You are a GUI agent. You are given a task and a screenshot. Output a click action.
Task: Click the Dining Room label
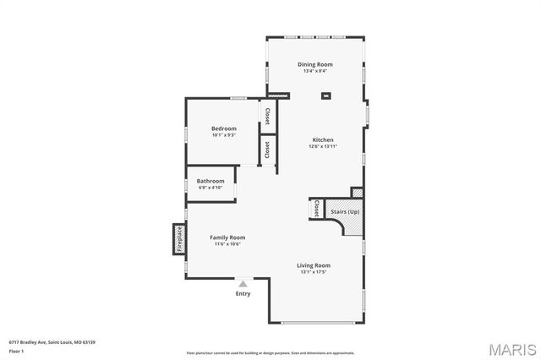click(314, 64)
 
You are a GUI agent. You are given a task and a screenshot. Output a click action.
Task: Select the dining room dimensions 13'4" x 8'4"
click(314, 71)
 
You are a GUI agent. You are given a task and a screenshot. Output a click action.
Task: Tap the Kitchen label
click(323, 139)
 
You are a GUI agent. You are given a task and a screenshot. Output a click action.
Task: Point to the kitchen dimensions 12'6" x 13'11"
click(323, 146)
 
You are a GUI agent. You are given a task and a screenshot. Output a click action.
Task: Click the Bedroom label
click(223, 128)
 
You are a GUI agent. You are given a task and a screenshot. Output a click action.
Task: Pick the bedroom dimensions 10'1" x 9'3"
click(223, 134)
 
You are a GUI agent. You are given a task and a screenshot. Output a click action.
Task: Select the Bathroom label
click(210, 181)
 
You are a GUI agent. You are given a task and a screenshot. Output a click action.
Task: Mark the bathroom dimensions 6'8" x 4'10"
click(210, 188)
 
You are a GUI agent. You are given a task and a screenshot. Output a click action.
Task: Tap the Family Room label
click(227, 237)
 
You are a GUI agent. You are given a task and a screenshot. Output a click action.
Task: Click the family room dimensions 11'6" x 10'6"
click(227, 244)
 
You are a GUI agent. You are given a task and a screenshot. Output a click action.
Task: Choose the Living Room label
click(313, 265)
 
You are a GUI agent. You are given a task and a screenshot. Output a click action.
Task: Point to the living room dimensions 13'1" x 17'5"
click(313, 272)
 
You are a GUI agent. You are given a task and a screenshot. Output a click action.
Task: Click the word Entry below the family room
click(243, 293)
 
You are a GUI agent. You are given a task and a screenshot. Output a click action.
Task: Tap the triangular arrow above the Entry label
click(243, 284)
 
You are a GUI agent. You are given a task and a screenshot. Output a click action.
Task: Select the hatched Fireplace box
click(179, 238)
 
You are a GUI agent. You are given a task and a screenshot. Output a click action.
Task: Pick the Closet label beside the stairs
click(315, 208)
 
